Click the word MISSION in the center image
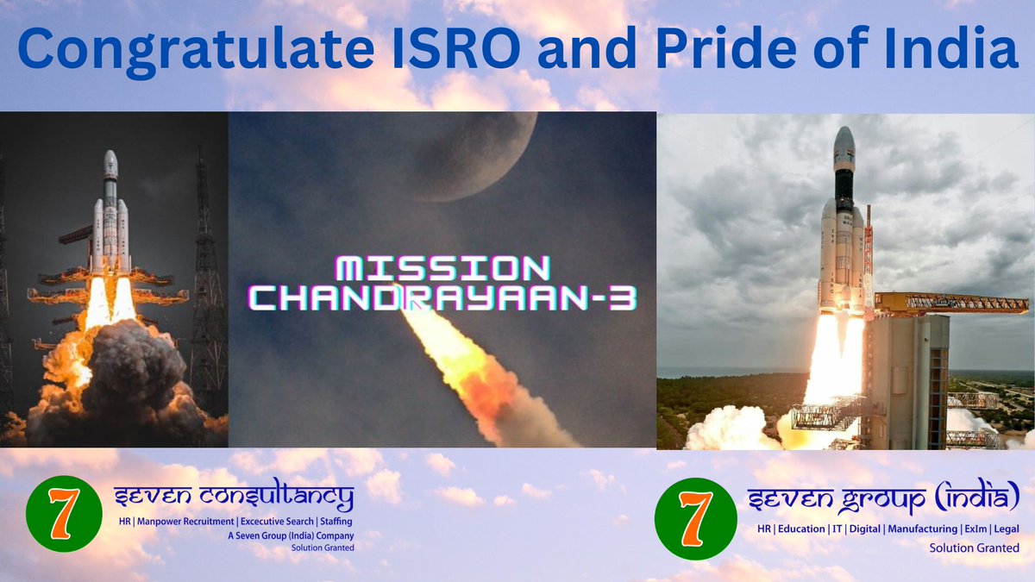[441, 269]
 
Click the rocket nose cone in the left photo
[110, 161]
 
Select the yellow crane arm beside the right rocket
[949, 304]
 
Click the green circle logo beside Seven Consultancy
[64, 514]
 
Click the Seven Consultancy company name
[234, 498]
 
